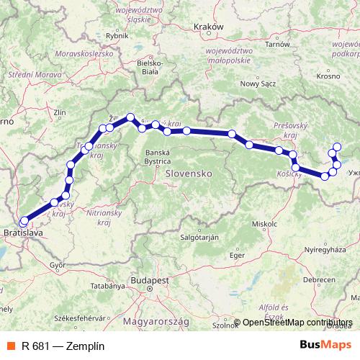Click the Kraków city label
click(x=210, y=27)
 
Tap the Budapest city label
click(x=150, y=279)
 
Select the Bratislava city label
click(x=24, y=234)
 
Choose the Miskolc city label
click(x=264, y=224)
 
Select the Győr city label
click(x=58, y=264)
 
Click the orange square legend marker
click(x=9, y=345)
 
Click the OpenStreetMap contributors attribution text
click(x=298, y=323)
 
